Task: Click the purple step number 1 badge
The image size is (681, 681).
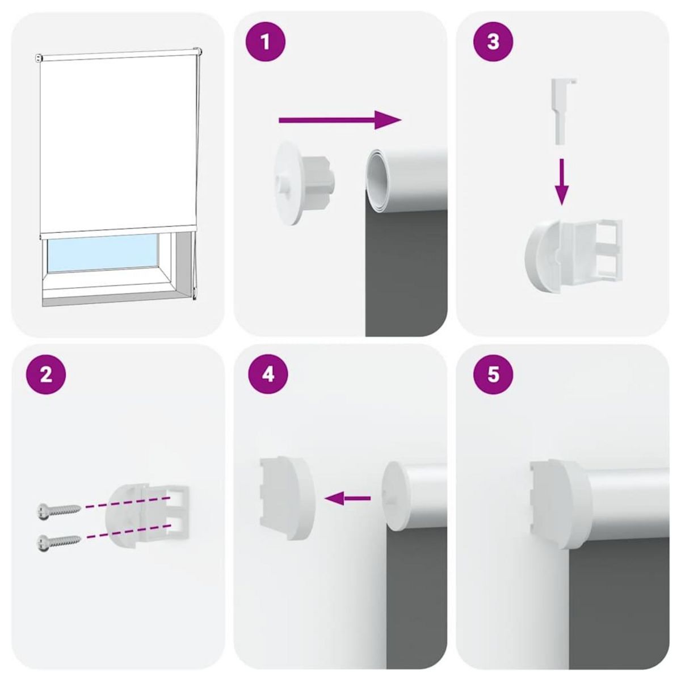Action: pyautogui.click(x=266, y=41)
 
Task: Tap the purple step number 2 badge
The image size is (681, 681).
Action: pyautogui.click(x=47, y=375)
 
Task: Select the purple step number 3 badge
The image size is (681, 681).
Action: pyautogui.click(x=493, y=41)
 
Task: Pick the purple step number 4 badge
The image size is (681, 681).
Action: pyautogui.click(x=268, y=375)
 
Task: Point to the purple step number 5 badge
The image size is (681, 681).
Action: pyautogui.click(x=493, y=375)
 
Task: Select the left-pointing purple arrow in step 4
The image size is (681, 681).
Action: pyautogui.click(x=347, y=499)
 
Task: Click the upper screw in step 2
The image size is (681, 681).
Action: pyautogui.click(x=58, y=509)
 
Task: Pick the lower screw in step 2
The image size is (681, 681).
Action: pyautogui.click(x=58, y=542)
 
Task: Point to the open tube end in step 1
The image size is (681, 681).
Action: pyautogui.click(x=377, y=176)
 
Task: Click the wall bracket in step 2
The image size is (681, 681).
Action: pyautogui.click(x=146, y=513)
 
